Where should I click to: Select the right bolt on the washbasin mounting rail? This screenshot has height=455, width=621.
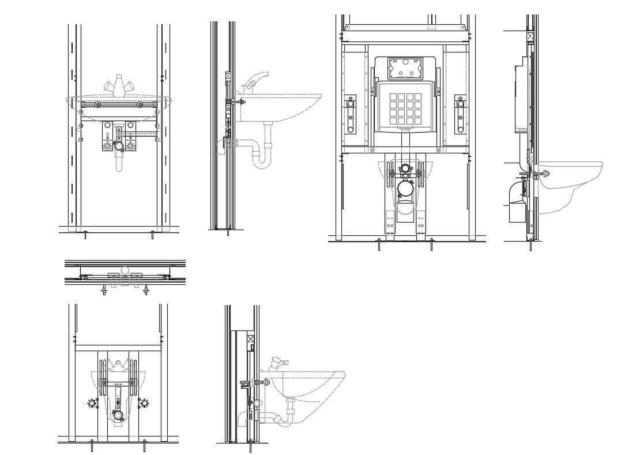pos(140,105)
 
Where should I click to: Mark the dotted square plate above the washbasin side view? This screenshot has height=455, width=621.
pos(228,76)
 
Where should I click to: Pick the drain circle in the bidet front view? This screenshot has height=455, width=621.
pos(118,415)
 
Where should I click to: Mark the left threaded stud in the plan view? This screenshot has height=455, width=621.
pos(104,289)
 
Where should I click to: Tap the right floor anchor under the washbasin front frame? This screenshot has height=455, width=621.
pos(152,234)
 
